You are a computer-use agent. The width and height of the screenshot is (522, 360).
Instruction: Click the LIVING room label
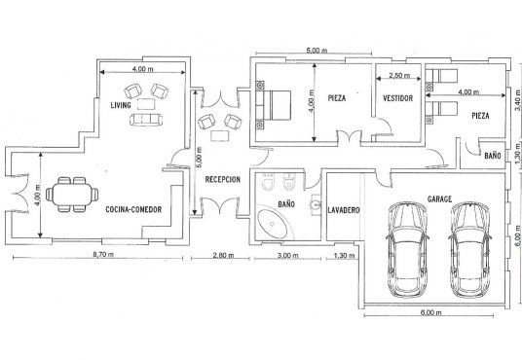(x=121, y=105)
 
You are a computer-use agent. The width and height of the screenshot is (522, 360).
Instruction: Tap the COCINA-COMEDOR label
(x=133, y=209)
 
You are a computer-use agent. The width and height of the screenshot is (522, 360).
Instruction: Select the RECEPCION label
(x=222, y=180)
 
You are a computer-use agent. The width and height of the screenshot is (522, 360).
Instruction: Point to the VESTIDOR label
(x=397, y=98)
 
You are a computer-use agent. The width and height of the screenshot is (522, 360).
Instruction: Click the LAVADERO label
(x=344, y=210)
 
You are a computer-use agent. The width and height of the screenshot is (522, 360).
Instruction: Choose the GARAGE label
(x=440, y=198)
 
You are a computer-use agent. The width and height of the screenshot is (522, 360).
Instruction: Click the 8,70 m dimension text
(x=103, y=255)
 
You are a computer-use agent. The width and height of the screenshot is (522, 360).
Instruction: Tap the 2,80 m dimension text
(x=223, y=255)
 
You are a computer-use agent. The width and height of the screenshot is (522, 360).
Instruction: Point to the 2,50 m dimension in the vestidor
(x=399, y=76)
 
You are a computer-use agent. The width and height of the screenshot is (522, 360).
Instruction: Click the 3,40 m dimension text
(x=517, y=100)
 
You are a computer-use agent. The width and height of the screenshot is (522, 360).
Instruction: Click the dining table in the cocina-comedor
(x=72, y=195)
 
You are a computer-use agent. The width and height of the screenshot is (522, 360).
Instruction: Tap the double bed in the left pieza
(x=274, y=105)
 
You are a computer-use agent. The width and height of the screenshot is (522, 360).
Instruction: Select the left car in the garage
(x=407, y=249)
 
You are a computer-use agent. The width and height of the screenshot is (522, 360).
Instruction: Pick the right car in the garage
(x=469, y=249)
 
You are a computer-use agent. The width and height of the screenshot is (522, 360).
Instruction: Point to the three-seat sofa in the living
(x=146, y=120)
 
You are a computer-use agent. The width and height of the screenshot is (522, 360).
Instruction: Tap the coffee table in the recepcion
(x=220, y=136)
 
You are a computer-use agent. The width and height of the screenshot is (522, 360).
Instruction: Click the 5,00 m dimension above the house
(x=317, y=51)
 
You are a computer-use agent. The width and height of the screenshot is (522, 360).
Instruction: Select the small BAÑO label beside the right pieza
(x=493, y=156)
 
